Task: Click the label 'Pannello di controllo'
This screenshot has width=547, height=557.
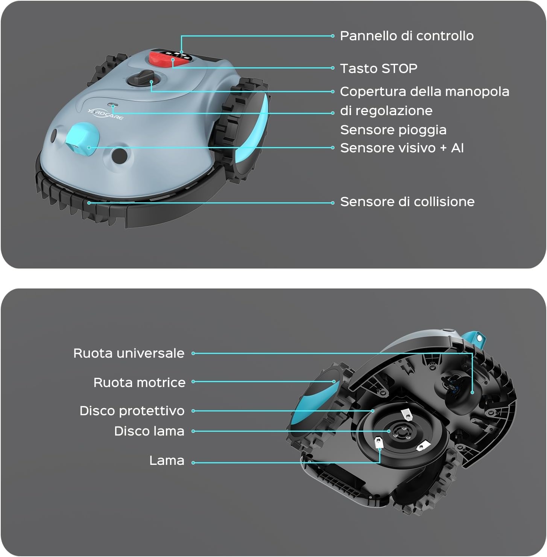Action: coord(407,36)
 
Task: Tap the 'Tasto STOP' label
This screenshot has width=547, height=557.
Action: coord(378,68)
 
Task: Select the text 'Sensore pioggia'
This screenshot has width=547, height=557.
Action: coord(393,130)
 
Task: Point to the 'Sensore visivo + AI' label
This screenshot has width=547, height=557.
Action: coord(402,148)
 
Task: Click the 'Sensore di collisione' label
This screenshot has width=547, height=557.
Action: coord(407,202)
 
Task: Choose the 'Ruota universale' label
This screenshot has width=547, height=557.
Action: coord(129,353)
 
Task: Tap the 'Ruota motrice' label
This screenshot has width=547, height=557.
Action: coord(139,382)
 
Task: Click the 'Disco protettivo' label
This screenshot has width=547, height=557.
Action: coord(132,411)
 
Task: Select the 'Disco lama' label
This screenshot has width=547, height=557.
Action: coord(149,431)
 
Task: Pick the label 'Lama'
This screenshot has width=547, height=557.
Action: coord(167,460)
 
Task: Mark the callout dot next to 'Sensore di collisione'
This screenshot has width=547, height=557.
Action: coord(333,203)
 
